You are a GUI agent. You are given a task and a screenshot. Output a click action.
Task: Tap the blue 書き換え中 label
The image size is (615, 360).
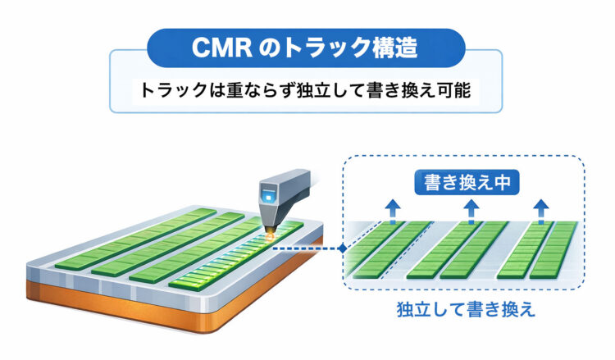[x=465, y=181]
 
